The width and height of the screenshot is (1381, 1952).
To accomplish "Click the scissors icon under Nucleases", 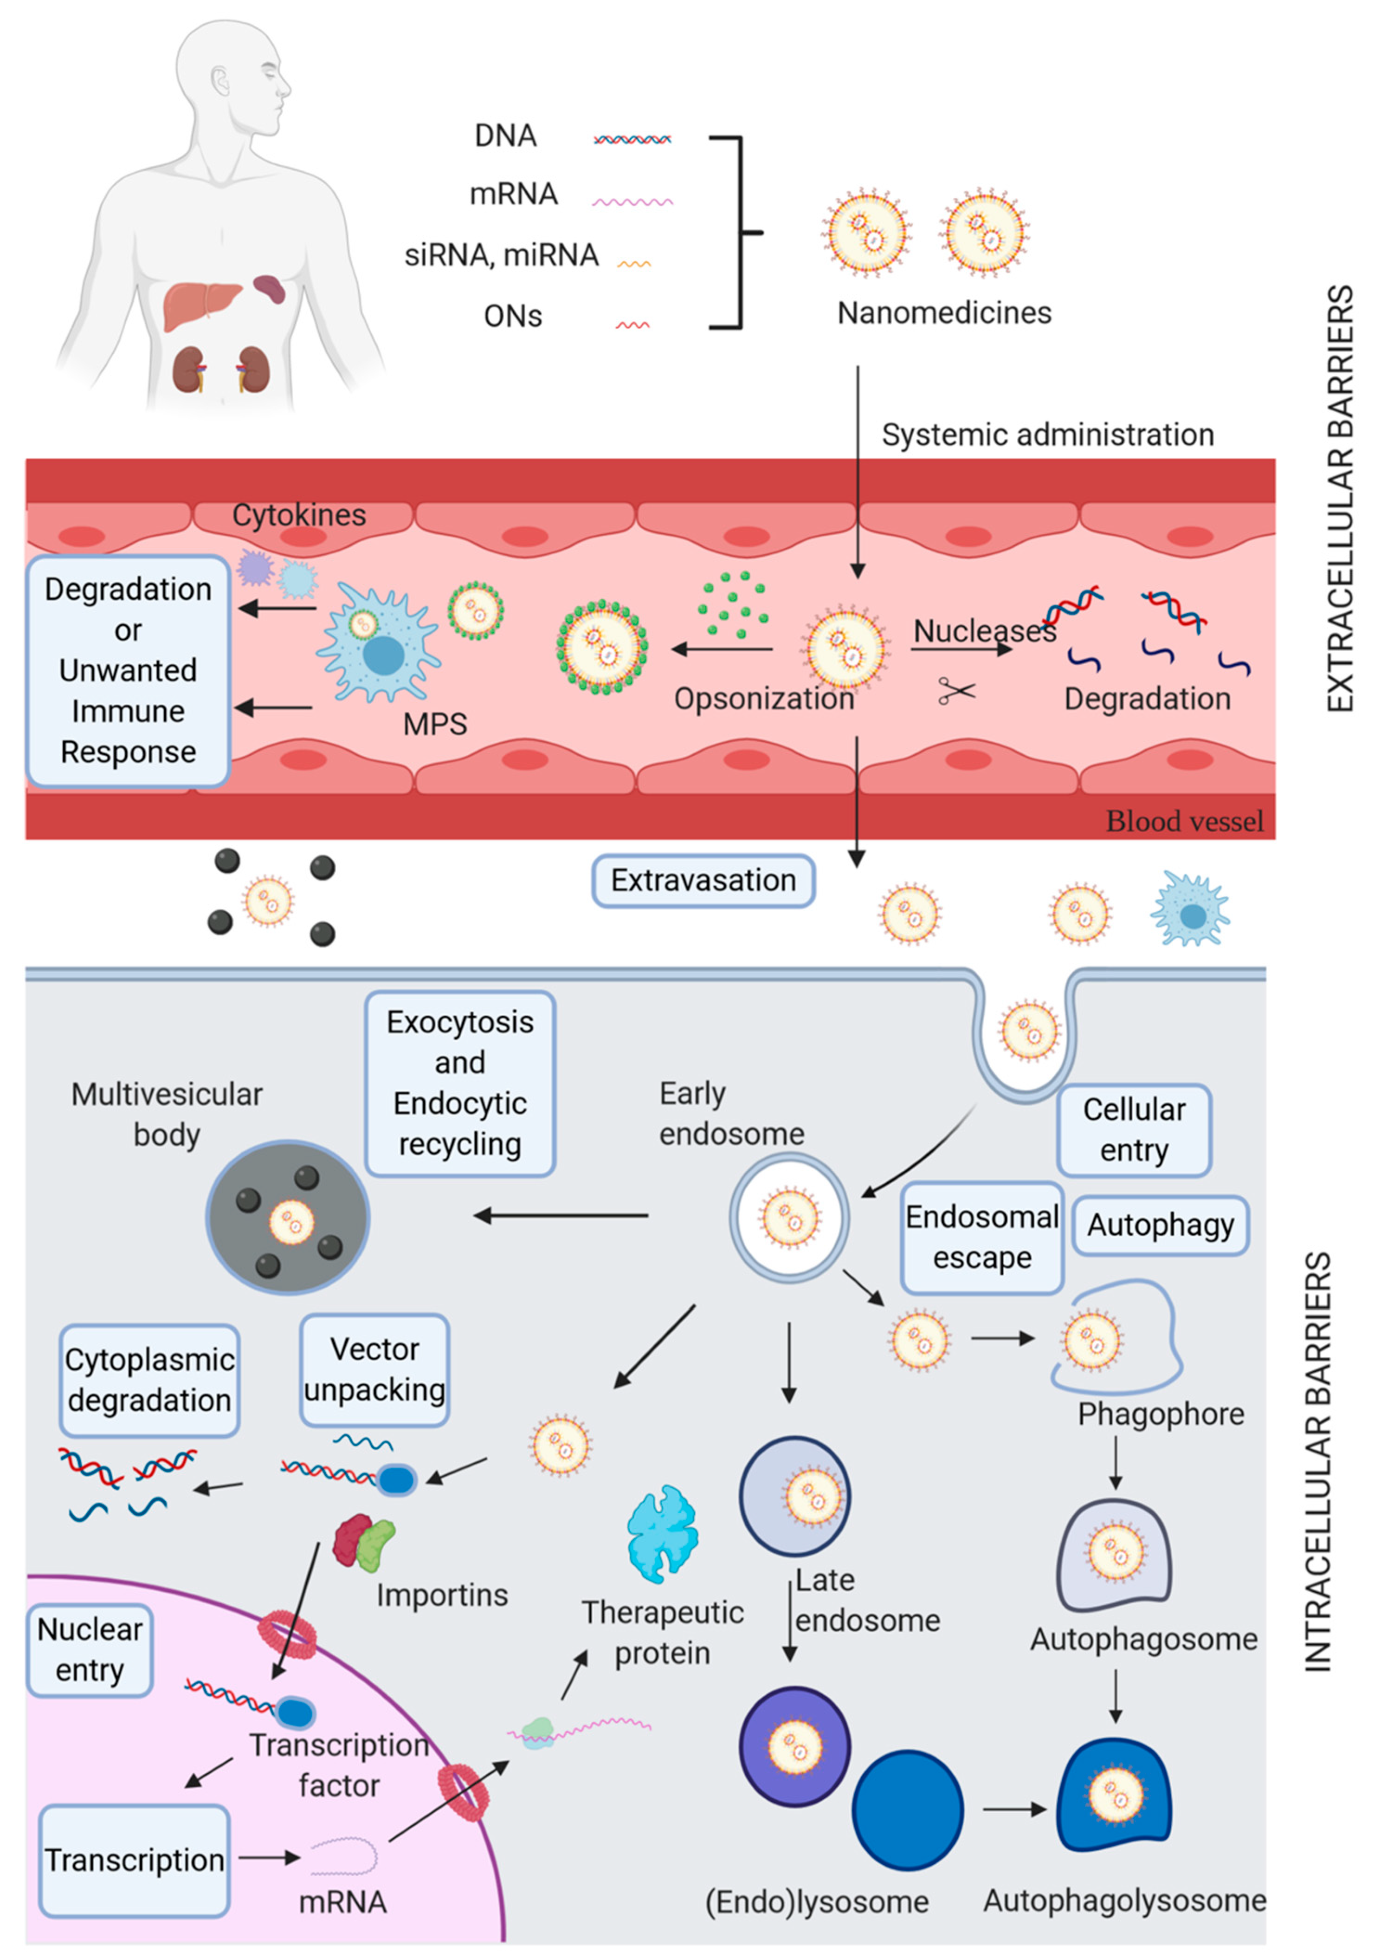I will pyautogui.click(x=957, y=691).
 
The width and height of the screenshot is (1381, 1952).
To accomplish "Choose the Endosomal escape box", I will pyautogui.click(x=982, y=1238).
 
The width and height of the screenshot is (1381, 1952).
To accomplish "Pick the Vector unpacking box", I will pyautogui.click(x=374, y=1369).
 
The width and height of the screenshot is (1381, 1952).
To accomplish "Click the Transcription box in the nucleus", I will pyautogui.click(x=135, y=1860).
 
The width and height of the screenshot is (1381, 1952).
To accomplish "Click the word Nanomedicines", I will pyautogui.click(x=944, y=313).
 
